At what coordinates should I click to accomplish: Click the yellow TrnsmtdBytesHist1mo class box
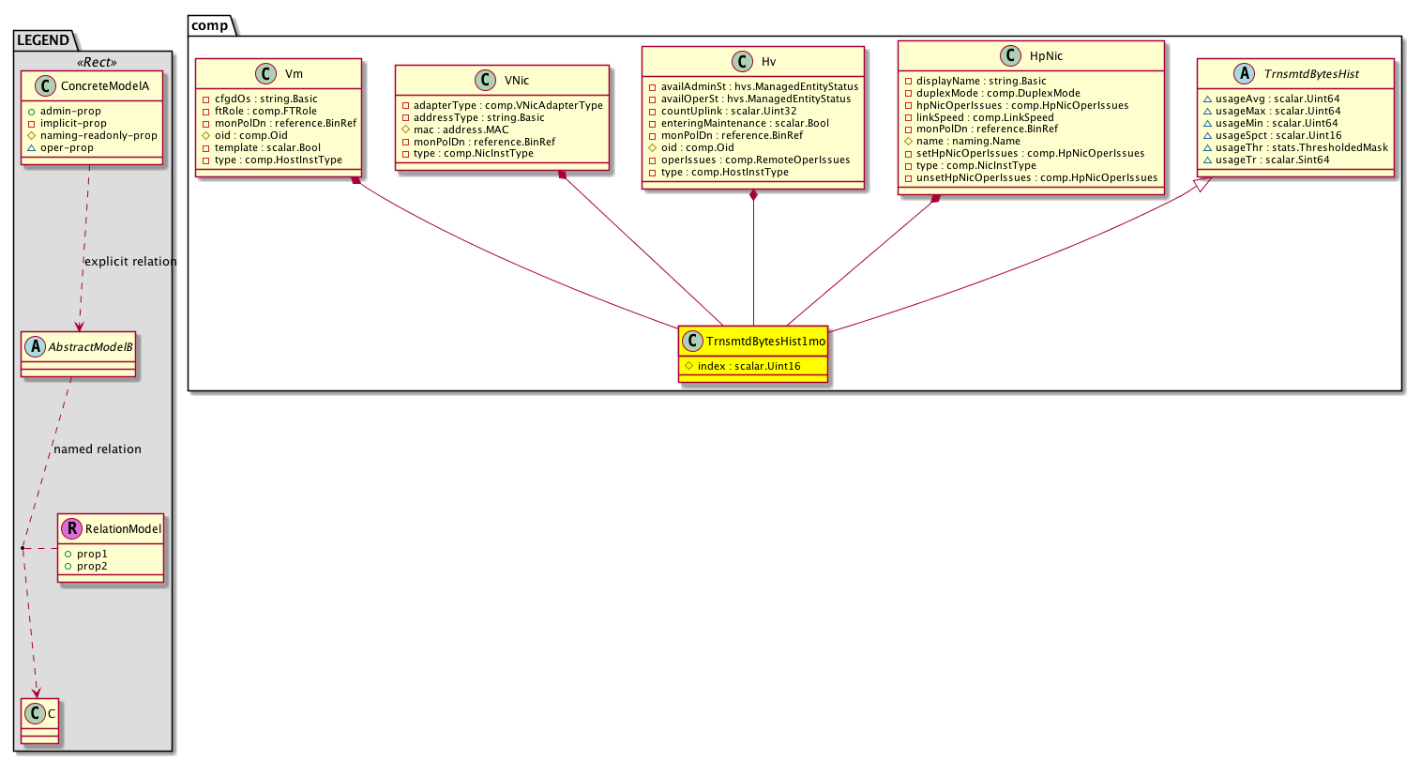[753, 354]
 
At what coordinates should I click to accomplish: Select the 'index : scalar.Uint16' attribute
[748, 366]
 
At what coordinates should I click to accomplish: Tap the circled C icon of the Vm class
[265, 73]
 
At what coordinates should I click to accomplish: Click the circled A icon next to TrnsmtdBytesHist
[1244, 73]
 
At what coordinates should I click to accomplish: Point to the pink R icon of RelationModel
[71, 528]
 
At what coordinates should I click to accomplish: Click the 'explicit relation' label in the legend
[130, 262]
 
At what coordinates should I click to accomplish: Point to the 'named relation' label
[98, 449]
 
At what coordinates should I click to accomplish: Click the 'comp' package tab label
[209, 25]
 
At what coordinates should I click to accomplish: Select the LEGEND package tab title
[43, 40]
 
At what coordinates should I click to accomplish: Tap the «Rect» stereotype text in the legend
[97, 62]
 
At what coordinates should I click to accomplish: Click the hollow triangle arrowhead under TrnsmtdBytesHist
[1202, 184]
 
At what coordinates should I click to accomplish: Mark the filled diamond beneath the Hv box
[753, 195]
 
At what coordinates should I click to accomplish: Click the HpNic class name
[1046, 56]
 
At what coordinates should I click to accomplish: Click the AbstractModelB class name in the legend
[90, 346]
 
